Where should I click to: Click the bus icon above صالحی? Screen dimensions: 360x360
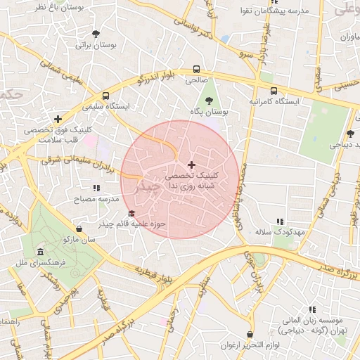197,70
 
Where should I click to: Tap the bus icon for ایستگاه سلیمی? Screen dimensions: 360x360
105,95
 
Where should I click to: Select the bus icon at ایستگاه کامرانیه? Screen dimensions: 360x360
274,90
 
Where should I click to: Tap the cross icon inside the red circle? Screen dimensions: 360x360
191,165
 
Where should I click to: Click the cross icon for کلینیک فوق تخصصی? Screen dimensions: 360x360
58,119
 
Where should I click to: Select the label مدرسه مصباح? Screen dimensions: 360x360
94,199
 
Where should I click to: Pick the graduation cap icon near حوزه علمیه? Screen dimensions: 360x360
131,214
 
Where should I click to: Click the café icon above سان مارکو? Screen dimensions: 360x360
79,229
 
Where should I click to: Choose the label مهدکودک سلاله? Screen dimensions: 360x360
279,231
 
